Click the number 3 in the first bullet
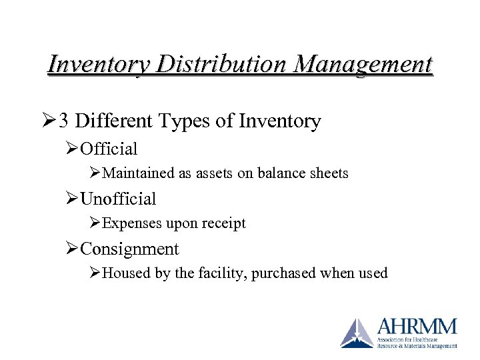(63, 121)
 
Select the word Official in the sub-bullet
(109, 149)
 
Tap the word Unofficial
(118, 199)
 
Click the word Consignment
(129, 249)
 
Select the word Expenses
(131, 224)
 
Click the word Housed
(127, 274)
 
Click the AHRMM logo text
(417, 327)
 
